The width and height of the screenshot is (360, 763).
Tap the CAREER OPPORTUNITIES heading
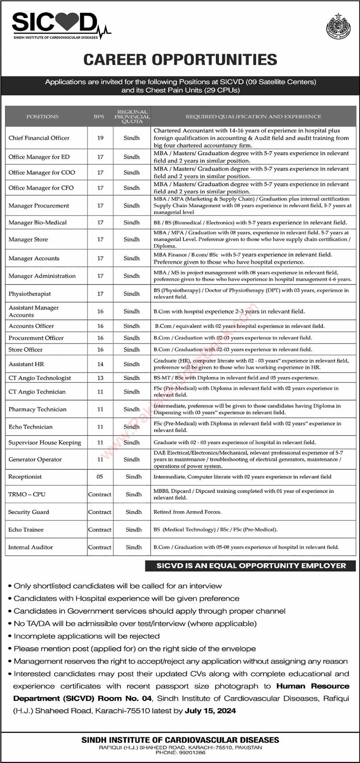tap(180, 59)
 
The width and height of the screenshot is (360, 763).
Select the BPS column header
tap(99, 116)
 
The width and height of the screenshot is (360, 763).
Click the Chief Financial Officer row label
tap(39, 138)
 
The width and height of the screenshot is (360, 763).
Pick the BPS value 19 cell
tap(100, 138)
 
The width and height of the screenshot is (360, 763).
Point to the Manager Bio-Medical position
tap(38, 222)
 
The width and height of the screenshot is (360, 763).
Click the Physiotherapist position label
tap(29, 294)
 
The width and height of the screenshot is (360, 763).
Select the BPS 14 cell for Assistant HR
tap(100, 364)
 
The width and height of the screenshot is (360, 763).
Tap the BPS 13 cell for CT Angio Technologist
tap(100, 378)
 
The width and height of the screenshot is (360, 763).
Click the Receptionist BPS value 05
tap(100, 477)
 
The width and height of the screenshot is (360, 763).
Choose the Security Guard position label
tap(29, 512)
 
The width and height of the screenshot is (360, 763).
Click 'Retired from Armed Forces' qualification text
tap(188, 512)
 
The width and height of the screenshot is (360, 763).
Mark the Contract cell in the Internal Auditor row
tap(100, 547)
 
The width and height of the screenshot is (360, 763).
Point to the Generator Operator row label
tap(35, 460)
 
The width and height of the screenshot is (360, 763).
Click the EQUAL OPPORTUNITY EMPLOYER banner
tap(251, 566)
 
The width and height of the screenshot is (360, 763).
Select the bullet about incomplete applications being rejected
tap(87, 636)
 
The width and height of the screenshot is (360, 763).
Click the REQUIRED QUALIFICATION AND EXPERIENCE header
tap(253, 116)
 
